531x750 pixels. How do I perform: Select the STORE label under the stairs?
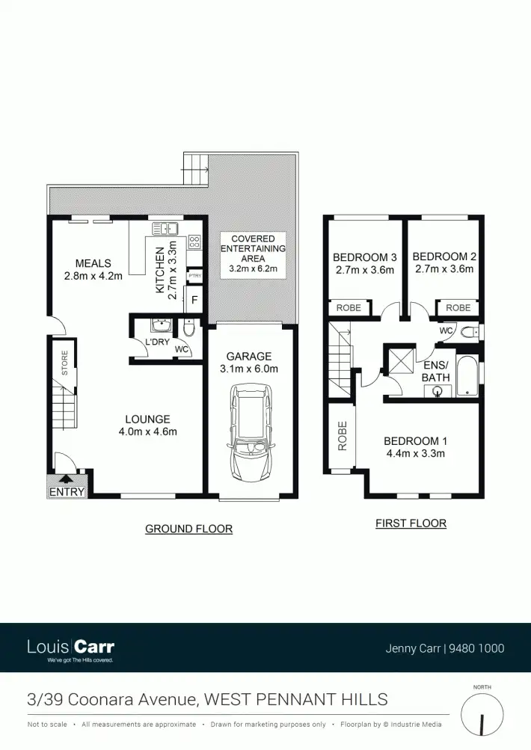point(65,363)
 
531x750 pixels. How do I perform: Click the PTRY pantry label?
point(194,276)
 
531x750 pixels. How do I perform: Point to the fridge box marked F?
point(194,301)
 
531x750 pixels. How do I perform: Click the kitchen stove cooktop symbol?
point(194,242)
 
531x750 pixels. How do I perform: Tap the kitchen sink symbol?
point(165,229)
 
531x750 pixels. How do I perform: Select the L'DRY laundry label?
point(157,342)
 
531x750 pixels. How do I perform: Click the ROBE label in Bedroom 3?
point(349,308)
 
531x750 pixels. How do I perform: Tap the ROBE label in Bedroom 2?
point(458,308)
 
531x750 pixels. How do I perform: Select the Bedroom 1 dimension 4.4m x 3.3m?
point(414,453)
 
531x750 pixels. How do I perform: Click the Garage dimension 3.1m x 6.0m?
point(250,369)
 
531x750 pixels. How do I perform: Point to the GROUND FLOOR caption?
point(188,529)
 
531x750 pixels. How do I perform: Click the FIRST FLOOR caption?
point(411,523)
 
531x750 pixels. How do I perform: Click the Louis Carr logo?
point(70,648)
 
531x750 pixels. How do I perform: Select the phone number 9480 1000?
point(476,648)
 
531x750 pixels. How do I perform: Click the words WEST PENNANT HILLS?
point(296,700)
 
